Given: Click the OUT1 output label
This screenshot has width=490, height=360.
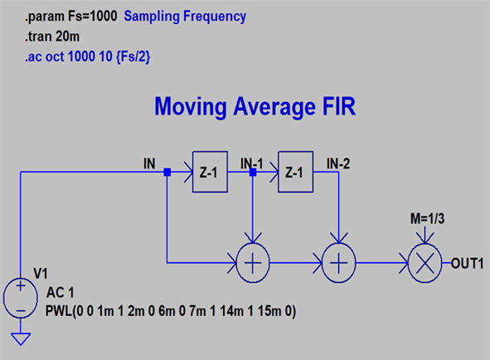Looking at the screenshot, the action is click(x=467, y=263).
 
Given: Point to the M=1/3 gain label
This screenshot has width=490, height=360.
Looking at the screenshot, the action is click(x=427, y=219).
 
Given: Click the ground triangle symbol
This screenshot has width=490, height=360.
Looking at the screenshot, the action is click(x=21, y=339).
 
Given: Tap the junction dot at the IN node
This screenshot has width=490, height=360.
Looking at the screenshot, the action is click(x=167, y=172).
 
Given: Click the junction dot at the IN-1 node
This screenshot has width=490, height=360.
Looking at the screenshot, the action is click(x=253, y=172).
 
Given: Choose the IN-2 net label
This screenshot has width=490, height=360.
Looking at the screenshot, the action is click(x=338, y=163).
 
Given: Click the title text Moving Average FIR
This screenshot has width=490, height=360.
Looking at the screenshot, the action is click(x=255, y=107).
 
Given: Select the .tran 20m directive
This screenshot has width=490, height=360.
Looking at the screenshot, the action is click(x=52, y=36).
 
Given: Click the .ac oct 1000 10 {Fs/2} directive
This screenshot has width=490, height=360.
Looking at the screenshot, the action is click(x=88, y=57).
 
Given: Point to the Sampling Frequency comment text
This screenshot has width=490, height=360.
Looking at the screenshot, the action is click(x=185, y=17).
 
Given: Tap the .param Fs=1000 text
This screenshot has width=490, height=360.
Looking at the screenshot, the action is click(x=71, y=16).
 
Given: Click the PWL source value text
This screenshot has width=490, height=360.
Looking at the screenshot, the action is click(x=171, y=311).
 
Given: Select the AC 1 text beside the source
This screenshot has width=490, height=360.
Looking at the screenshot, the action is click(x=61, y=293).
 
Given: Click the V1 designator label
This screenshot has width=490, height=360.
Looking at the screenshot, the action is click(x=41, y=274).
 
